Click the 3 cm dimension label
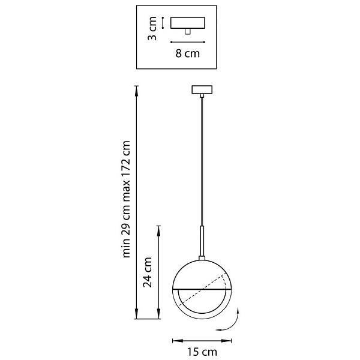click(x=152, y=28)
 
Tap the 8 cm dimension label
click(x=188, y=53)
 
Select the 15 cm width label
click(x=202, y=352)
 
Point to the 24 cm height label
click(x=148, y=272)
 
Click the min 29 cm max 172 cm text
click(x=126, y=199)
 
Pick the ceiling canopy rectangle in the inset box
click(x=188, y=23)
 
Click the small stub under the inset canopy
click(x=188, y=32)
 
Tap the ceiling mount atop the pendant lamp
click(x=202, y=90)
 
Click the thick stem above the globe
click(x=202, y=241)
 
